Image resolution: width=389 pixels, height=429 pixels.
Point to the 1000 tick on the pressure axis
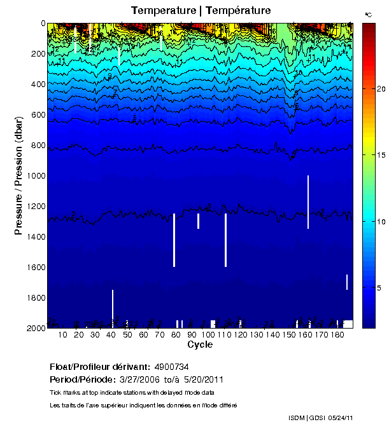coord(36,176)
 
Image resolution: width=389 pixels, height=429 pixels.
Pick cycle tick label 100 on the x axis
coord(208,335)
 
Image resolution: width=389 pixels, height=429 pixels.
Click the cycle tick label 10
coord(62,335)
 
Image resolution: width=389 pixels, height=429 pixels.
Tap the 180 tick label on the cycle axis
coord(338,335)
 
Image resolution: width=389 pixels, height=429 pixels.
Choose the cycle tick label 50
coord(127,335)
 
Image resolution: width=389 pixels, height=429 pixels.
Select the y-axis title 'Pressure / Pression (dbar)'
coord(19,176)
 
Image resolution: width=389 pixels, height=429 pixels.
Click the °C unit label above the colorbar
coord(367,14)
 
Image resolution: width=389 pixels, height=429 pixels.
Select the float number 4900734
coord(171,367)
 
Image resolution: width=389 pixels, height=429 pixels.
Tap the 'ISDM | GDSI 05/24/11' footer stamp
coord(321,418)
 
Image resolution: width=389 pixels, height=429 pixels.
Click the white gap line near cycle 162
coord(308,202)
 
